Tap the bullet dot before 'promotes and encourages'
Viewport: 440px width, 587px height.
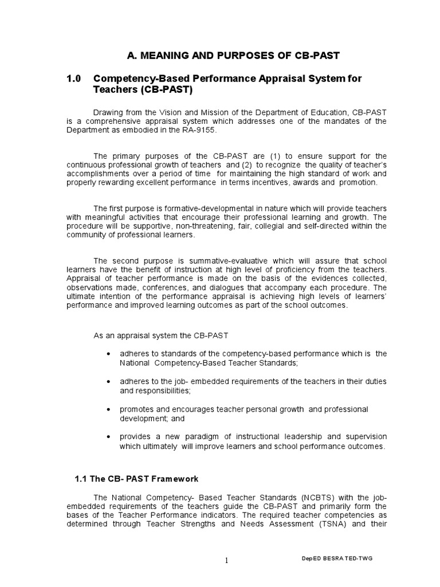pyautogui.click(x=109, y=409)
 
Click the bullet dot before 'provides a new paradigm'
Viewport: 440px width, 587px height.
pyautogui.click(x=109, y=437)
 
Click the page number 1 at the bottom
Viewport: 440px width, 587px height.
pyautogui.click(x=226, y=561)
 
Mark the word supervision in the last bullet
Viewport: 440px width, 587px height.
pyautogui.click(x=364, y=437)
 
